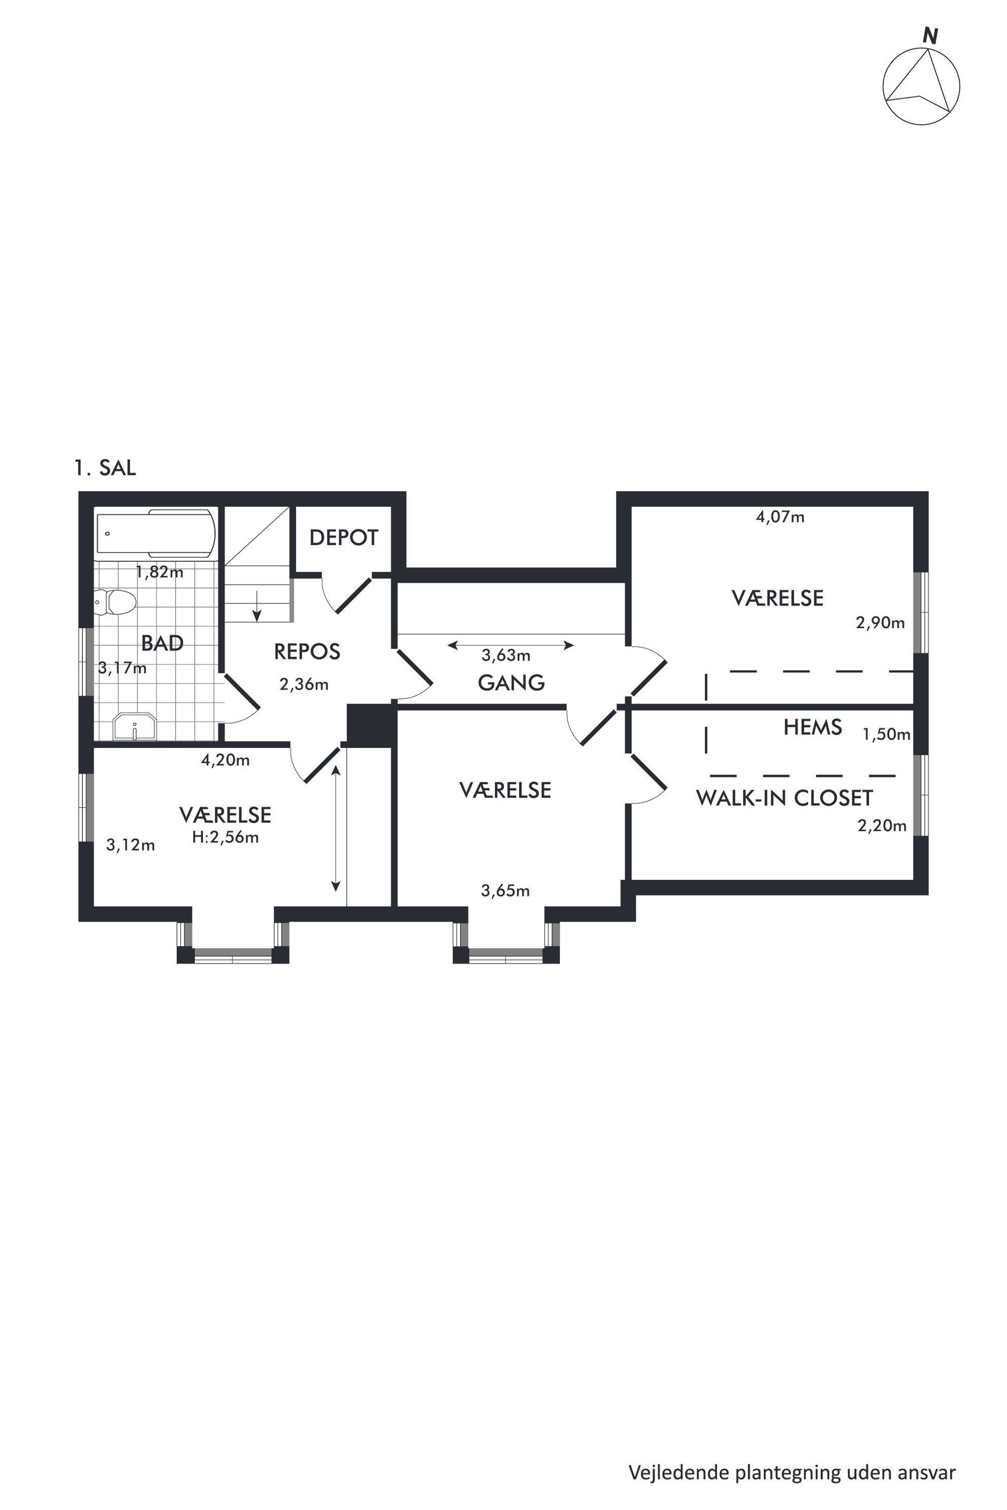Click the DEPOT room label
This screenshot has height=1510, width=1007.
[344, 537]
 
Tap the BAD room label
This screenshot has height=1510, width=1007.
[162, 643]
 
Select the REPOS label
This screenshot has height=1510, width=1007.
[307, 651]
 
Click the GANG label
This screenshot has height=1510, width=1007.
[511, 682]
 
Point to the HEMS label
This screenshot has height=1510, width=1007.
[813, 727]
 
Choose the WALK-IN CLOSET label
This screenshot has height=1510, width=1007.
[784, 798]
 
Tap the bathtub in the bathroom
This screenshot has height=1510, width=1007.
[155, 533]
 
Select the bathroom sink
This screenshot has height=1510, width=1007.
[134, 726]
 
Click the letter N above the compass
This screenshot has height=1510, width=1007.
[930, 36]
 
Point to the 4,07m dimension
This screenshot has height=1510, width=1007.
[780, 517]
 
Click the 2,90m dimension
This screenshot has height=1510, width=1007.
[880, 622]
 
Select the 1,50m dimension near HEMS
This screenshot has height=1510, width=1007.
[886, 734]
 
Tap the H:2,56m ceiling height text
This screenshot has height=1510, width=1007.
[225, 837]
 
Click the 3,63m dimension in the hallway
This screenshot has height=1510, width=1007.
[506, 656]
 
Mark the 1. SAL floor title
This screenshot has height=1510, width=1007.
[105, 468]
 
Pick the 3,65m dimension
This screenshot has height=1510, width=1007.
[506, 890]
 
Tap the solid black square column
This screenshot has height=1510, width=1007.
[370, 726]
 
